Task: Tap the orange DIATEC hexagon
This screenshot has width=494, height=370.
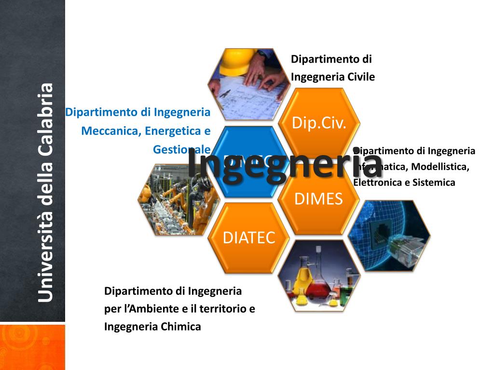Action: (x=249, y=237)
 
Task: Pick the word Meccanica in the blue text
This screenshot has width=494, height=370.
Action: (x=111, y=131)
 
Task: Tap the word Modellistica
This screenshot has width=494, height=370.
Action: (x=440, y=167)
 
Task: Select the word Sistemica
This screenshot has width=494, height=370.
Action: (x=433, y=183)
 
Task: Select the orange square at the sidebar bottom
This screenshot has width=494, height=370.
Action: (x=32, y=347)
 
